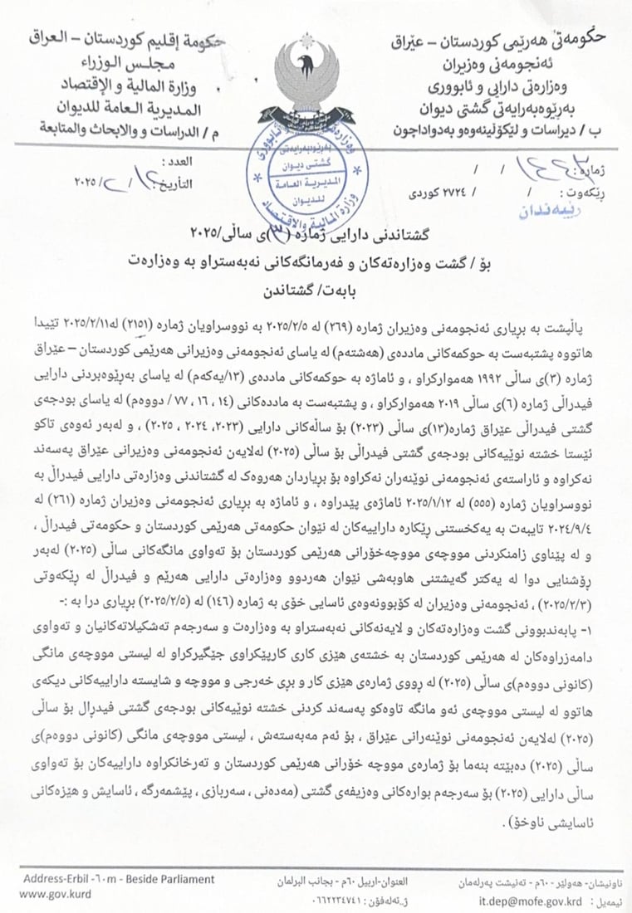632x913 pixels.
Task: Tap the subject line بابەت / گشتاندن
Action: pos(316,291)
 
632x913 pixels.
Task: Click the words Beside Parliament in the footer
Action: pos(166,879)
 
